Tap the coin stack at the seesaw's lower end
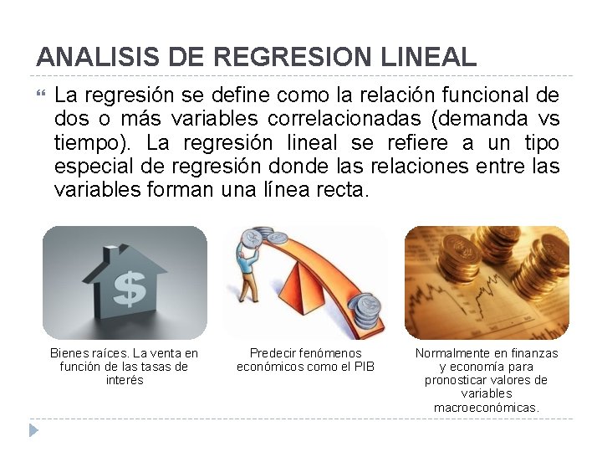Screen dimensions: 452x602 366,311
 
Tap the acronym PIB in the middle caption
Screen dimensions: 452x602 365,367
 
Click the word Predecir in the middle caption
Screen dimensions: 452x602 274,353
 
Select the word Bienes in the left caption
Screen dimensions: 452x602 69,353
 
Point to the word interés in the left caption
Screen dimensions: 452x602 125,380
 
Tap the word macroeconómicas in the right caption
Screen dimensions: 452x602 487,407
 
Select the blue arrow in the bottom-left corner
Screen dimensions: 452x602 33,430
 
